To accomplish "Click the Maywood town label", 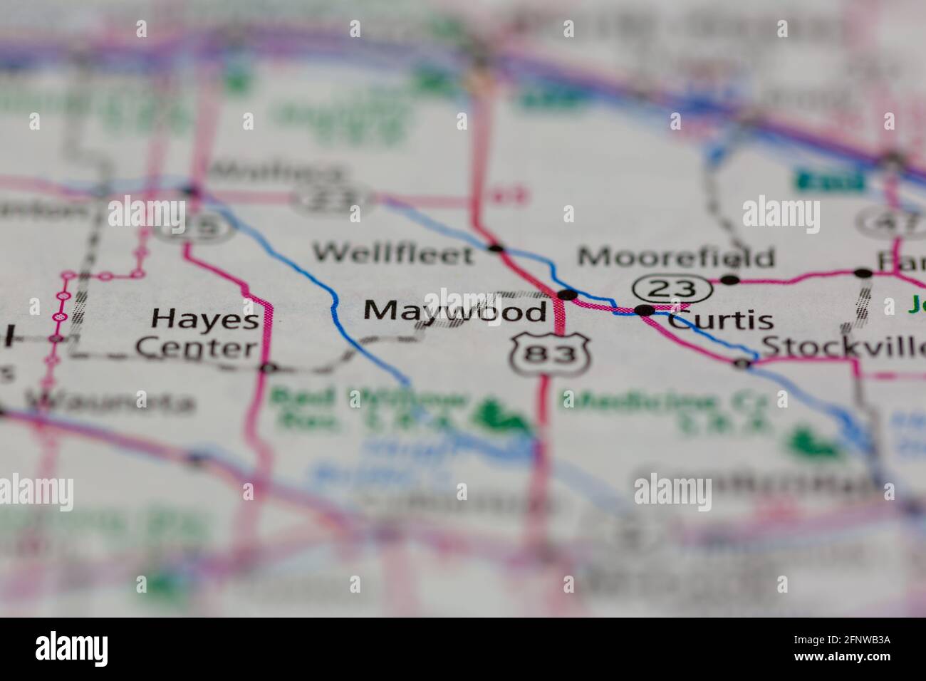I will tap(456, 311).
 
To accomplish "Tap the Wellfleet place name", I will tap(394, 254).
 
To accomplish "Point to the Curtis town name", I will tap(721, 320).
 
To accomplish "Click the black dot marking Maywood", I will tap(568, 294).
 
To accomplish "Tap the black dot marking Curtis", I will tap(645, 310).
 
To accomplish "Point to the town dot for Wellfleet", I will tap(496, 249).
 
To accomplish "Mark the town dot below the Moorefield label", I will tap(730, 280).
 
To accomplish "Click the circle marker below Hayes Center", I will tap(268, 368).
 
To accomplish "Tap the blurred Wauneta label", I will tap(110, 403).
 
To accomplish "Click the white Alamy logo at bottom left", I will tap(72, 649).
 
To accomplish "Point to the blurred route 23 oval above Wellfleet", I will tap(335, 197).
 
